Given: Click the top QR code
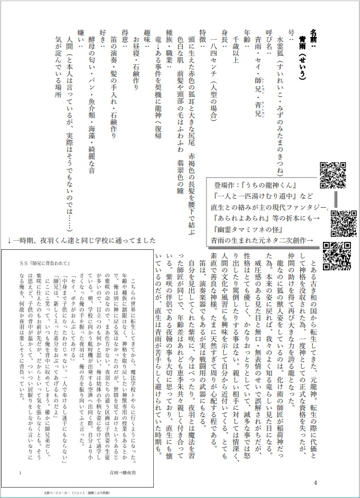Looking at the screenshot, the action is (333, 175).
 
